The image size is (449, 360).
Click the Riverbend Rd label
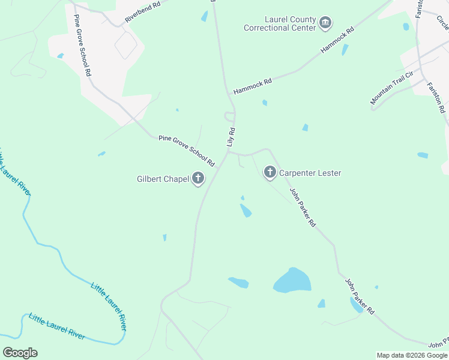[142, 12]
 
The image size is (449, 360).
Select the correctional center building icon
[325, 23]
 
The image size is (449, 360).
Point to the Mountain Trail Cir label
[392, 88]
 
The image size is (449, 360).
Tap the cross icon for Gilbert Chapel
[198, 178]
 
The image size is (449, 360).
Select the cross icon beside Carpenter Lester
[270, 173]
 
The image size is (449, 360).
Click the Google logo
[20, 353]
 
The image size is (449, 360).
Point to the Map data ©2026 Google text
[412, 355]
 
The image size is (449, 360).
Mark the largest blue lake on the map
[292, 280]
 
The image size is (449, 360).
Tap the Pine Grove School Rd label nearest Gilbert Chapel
[186, 151]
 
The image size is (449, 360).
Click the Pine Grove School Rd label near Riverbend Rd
[82, 46]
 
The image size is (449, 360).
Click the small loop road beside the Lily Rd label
[229, 115]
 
